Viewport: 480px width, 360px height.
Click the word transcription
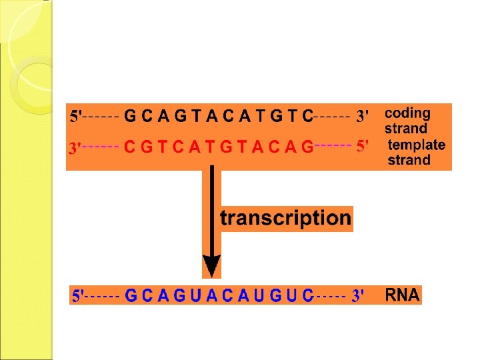[285, 218]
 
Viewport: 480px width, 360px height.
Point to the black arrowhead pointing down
[211, 266]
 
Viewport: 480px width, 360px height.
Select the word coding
[407, 113]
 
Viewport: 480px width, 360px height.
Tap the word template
[416, 145]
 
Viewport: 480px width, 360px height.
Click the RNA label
[403, 295]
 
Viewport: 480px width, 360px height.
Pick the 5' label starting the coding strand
[77, 116]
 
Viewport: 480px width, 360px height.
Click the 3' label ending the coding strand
[363, 116]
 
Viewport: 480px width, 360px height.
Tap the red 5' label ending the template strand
[363, 146]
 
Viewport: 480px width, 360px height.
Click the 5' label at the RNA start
[77, 295]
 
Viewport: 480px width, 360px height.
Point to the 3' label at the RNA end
[358, 295]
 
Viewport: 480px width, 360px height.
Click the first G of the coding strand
[131, 116]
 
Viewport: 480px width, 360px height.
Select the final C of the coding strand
[307, 116]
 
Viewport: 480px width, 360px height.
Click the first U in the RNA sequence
[195, 295]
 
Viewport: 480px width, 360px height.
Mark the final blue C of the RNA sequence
[307, 295]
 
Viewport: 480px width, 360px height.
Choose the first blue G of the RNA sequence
[131, 295]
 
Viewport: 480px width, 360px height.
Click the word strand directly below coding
[405, 129]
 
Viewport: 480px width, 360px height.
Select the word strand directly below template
[409, 160]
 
